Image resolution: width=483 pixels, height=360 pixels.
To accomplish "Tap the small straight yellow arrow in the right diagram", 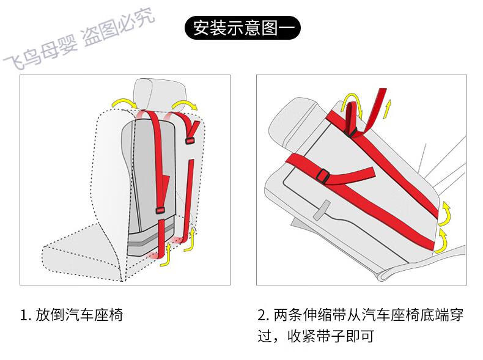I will click(387, 108).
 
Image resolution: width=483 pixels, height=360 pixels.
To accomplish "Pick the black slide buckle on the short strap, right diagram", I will click(324, 177).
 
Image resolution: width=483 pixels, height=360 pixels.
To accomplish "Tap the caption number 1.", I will click(24, 316).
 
